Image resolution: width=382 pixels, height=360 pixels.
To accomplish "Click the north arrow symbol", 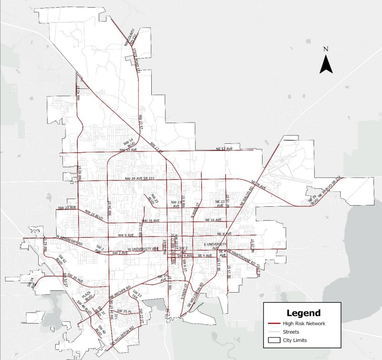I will click(x=326, y=63).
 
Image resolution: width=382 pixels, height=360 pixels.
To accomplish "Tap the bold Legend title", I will click(x=304, y=313).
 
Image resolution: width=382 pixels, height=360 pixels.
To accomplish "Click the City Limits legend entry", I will click(x=294, y=340).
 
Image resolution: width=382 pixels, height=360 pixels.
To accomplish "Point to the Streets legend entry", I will click(x=291, y=332).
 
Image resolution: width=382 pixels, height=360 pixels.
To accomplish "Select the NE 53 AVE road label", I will click(x=224, y=148).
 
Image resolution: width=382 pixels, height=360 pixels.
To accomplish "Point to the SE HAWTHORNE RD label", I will click(x=241, y=256).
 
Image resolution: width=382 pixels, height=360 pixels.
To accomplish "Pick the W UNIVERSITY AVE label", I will click(x=143, y=249).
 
